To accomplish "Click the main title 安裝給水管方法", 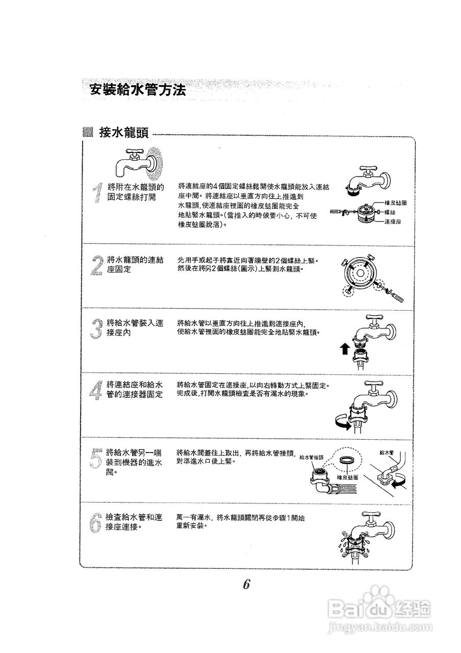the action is pyautogui.click(x=137, y=90).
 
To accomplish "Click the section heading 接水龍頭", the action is pyautogui.click(x=124, y=134).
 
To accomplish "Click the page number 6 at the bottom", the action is pyautogui.click(x=246, y=585).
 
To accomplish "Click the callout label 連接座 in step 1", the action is pyautogui.click(x=393, y=221).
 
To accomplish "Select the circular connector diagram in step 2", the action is pyautogui.click(x=362, y=275).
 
